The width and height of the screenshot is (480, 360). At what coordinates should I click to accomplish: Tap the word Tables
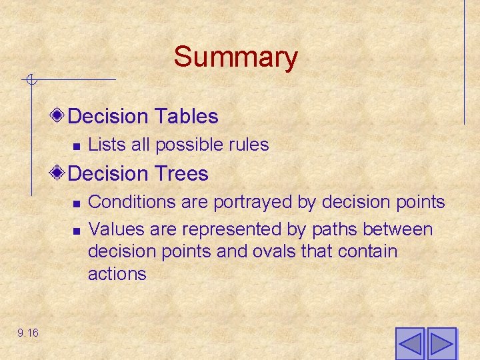187,117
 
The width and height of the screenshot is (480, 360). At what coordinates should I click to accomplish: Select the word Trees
182,174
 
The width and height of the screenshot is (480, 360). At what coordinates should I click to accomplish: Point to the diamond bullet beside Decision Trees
59,173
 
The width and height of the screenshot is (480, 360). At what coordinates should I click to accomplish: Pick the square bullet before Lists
77,145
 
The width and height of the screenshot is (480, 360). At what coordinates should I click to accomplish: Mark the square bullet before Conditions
77,203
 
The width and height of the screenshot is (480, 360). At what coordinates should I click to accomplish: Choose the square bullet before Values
77,231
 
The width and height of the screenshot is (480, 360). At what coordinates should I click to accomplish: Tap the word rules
247,145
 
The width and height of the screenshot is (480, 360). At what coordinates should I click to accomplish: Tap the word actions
117,274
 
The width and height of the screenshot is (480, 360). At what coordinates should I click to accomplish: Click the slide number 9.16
28,333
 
